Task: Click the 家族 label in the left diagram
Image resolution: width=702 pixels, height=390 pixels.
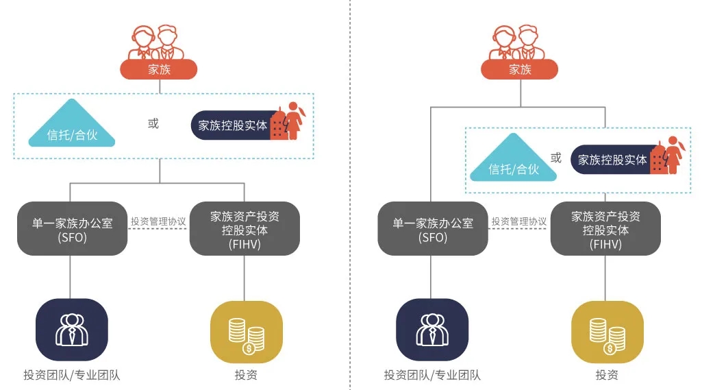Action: tap(159, 69)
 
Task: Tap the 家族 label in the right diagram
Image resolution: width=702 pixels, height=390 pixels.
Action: tap(520, 69)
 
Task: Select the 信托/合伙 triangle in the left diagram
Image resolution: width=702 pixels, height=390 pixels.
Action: tap(72, 127)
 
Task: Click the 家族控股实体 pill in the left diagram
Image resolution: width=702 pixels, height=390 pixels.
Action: tap(233, 125)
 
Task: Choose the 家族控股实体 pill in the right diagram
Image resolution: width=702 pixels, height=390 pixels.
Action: tap(612, 160)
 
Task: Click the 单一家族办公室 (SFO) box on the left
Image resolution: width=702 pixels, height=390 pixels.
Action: tap(72, 229)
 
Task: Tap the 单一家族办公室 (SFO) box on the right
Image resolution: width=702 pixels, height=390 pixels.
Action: tap(432, 229)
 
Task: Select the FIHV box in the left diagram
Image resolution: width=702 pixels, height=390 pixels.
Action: tap(245, 229)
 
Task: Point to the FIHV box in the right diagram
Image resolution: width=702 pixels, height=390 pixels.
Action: tap(605, 229)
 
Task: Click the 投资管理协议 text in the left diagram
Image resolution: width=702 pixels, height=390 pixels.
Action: tap(158, 221)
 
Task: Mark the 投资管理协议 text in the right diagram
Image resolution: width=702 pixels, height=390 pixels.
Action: tap(519, 221)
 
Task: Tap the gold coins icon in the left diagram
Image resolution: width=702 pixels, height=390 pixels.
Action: tap(246, 332)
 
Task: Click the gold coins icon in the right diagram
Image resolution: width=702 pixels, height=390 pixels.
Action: tap(607, 332)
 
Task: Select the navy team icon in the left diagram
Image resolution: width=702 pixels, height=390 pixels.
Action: tap(72, 330)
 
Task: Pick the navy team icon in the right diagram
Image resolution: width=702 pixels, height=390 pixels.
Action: tap(432, 330)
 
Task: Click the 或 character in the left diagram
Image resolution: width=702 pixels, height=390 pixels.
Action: tap(153, 123)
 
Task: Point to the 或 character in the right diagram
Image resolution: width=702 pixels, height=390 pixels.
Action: tap(556, 158)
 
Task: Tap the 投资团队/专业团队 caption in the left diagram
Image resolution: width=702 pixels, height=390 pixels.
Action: tap(72, 375)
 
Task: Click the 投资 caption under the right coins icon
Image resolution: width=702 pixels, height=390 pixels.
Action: tap(607, 375)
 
